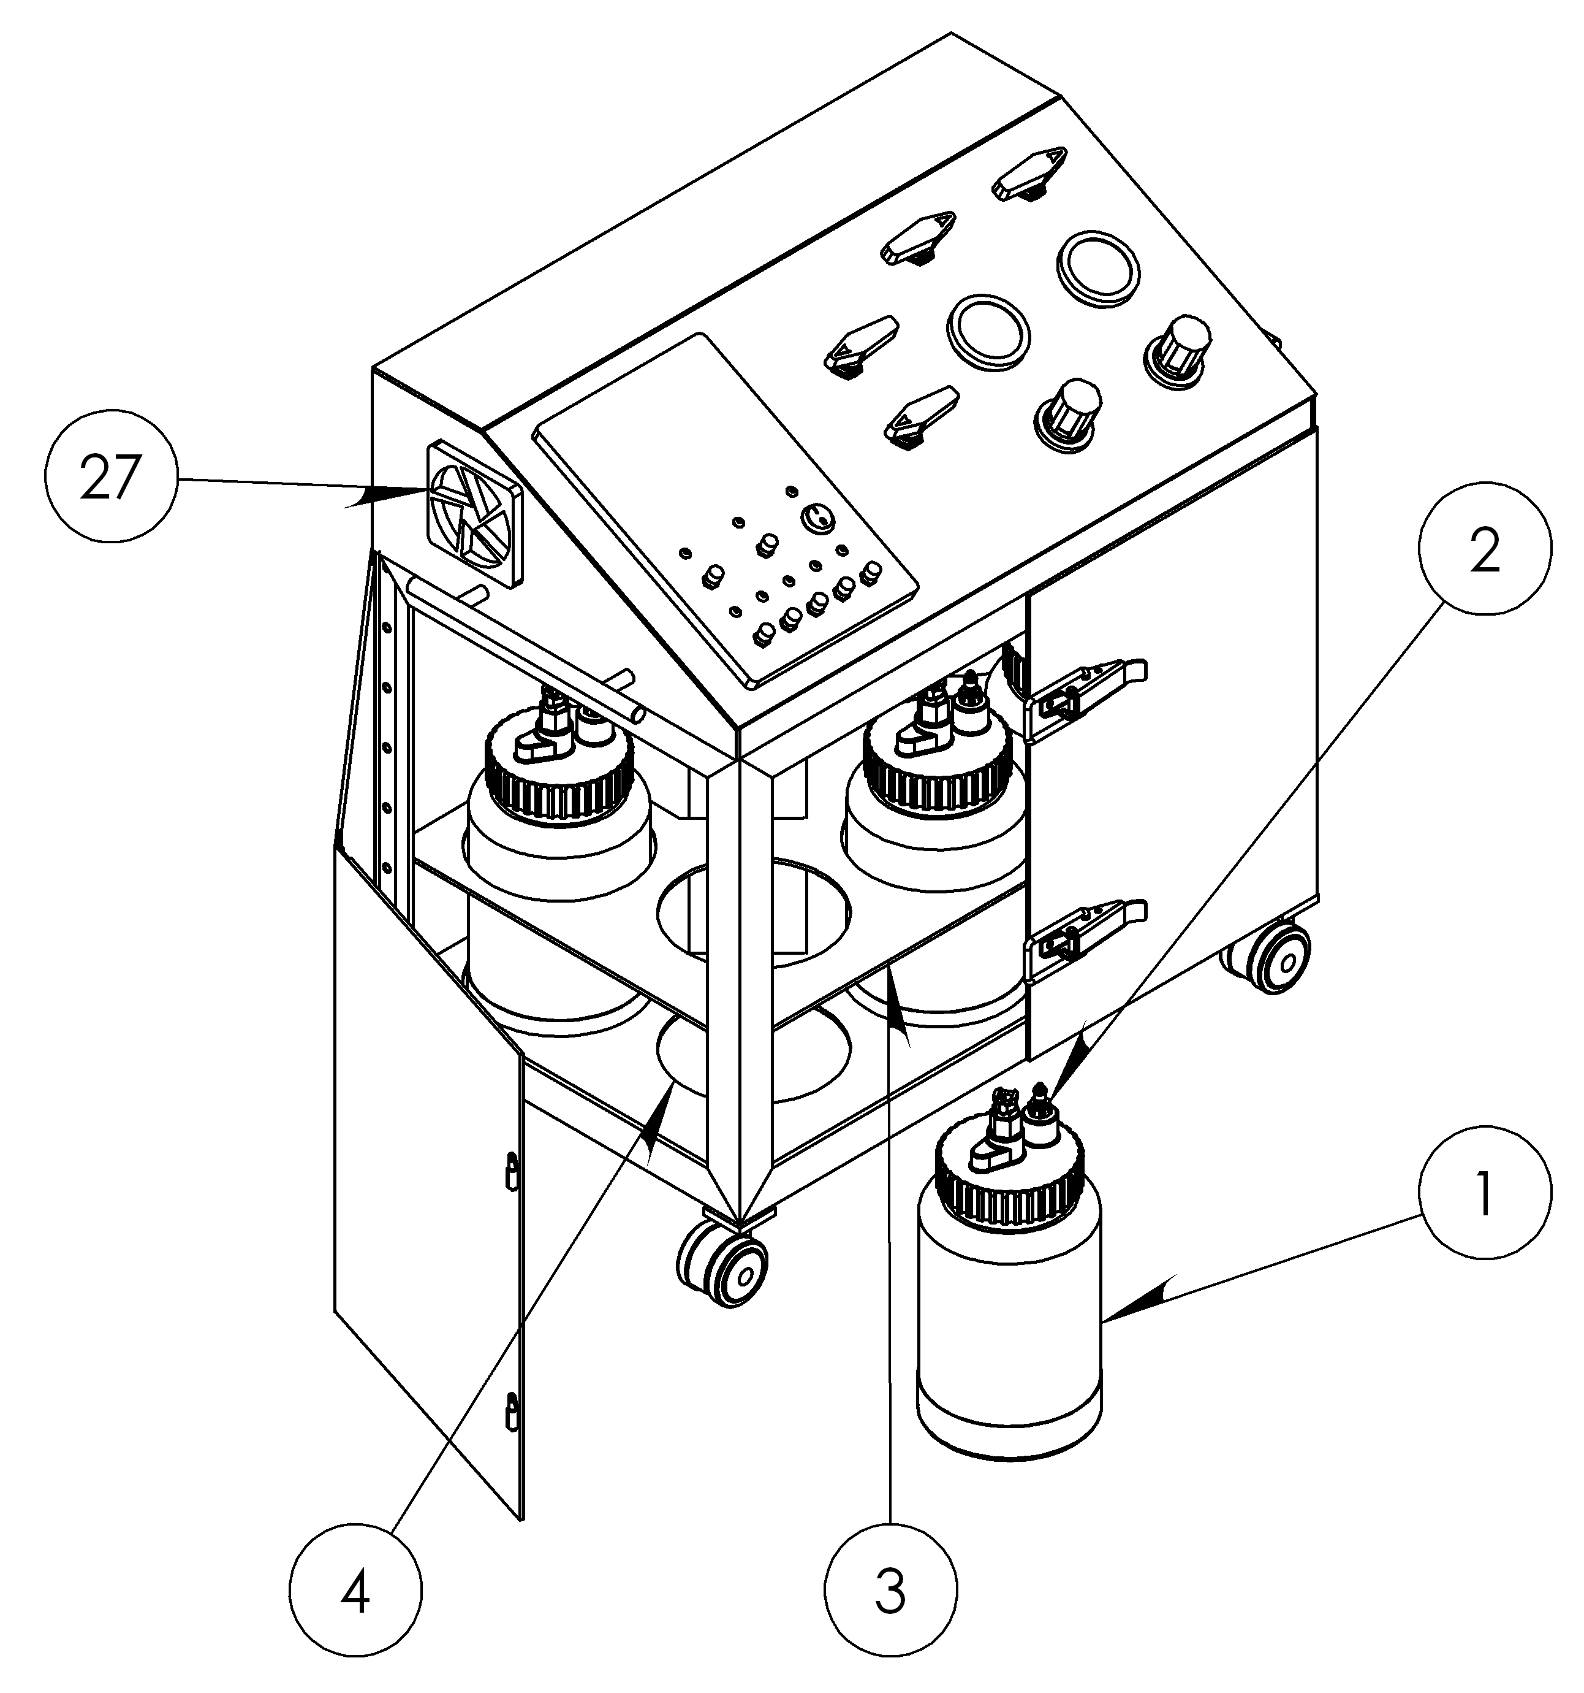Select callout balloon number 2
coord(1484,551)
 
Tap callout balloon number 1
coord(1484,1192)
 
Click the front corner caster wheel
coord(722,1259)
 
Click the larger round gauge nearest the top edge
coord(1098,267)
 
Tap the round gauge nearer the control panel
coord(987,332)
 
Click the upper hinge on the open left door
coord(510,1172)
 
